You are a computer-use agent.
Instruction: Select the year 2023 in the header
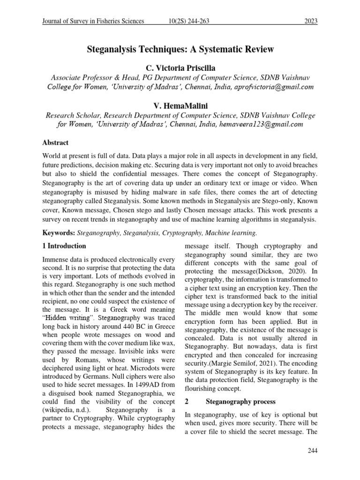click(309, 21)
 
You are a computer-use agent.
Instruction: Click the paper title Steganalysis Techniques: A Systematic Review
click(180, 49)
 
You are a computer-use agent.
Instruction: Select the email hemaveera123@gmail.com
click(257, 124)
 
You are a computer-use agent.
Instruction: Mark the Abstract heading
click(55, 142)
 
